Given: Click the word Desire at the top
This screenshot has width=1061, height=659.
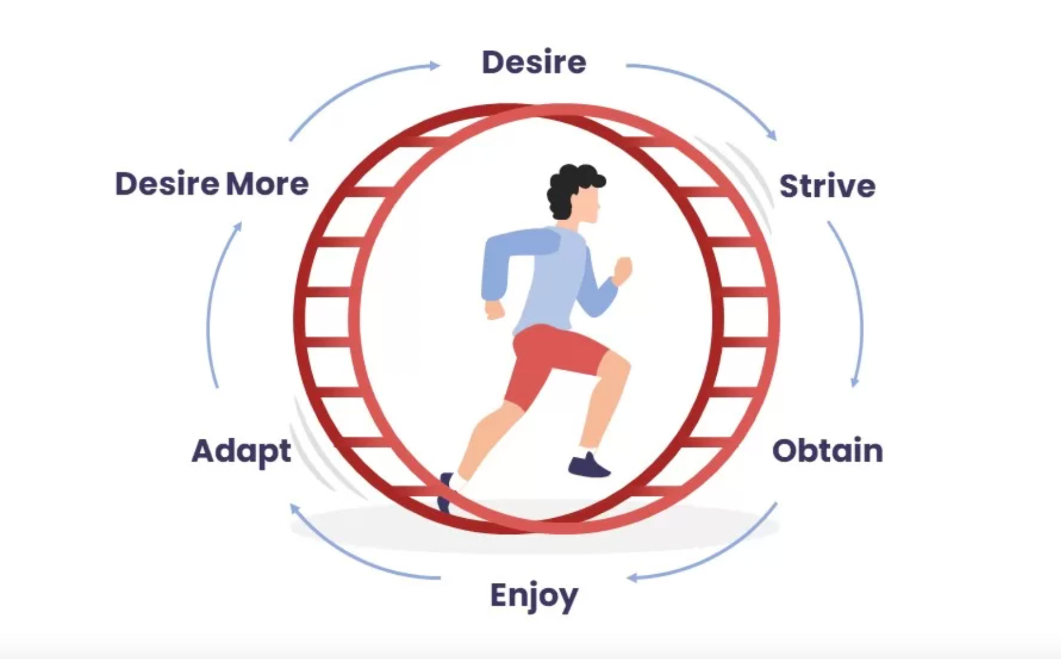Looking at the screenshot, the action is point(534,62).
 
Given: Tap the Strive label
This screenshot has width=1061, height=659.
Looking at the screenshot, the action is point(827,186).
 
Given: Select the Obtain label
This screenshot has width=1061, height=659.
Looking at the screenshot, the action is point(827,451).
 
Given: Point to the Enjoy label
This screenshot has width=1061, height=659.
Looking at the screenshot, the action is point(534,595).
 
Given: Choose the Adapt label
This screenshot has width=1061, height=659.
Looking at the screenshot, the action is point(241,451).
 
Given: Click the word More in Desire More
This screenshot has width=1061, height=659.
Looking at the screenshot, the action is point(267,184).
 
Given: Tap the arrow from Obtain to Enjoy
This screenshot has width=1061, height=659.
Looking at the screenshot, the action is point(713,553).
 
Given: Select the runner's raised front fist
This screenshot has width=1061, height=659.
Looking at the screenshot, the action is point(622,270).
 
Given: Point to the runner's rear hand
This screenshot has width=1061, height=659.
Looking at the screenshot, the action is point(494,309).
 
